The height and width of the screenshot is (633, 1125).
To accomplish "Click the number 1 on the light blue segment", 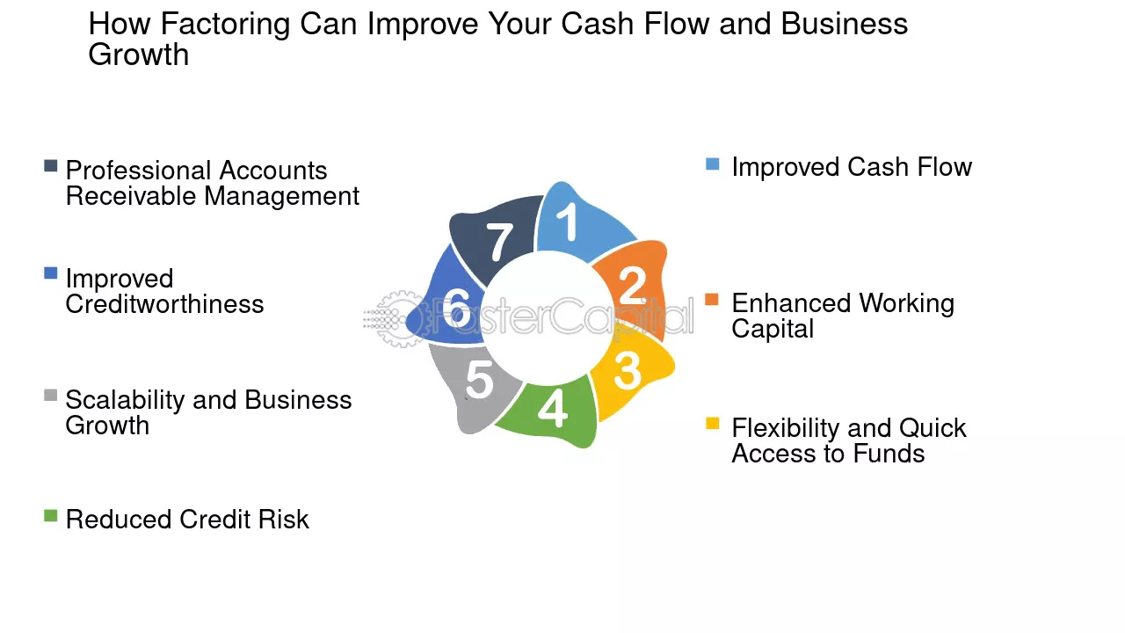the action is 568,222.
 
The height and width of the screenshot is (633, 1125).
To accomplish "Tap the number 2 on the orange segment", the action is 633,286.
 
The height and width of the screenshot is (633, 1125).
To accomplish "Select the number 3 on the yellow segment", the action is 628,372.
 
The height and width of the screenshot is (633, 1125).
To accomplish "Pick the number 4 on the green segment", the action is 553,408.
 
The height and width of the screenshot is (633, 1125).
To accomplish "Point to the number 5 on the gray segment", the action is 480,381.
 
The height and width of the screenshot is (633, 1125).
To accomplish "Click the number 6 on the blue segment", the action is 456,308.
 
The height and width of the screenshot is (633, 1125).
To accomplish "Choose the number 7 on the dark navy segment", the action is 499,242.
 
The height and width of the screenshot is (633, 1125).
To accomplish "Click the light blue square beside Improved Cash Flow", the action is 712,164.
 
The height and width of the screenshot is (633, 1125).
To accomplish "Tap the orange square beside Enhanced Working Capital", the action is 712,300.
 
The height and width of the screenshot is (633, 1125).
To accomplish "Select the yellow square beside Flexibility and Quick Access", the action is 712,424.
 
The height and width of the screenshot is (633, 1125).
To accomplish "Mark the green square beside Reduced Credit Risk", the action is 51,515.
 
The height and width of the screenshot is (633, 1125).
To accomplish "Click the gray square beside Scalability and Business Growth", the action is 51,395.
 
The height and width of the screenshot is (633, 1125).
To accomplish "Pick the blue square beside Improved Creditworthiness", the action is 51,273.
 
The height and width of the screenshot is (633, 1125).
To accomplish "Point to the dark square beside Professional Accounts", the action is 51,166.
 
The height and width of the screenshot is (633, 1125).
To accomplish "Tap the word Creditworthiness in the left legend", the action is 164,304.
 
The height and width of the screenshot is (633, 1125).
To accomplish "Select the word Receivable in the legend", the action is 131,195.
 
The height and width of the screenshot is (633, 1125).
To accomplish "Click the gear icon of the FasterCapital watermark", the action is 399,318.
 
